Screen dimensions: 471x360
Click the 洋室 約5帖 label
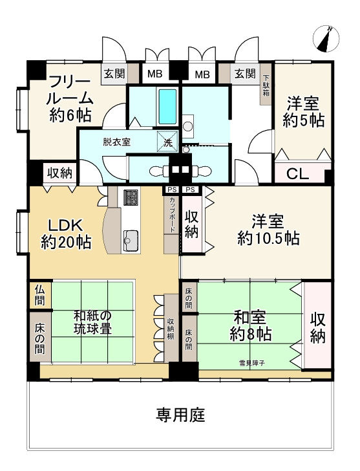[x=303, y=111]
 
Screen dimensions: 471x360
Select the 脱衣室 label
[x=116, y=142]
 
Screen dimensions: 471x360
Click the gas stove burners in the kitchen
[x=131, y=197]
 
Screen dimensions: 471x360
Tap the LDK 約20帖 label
[x=66, y=234]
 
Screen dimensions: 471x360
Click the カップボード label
[x=171, y=212]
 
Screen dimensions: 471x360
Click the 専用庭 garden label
[x=180, y=415]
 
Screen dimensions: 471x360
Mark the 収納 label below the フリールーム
[x=59, y=173]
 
